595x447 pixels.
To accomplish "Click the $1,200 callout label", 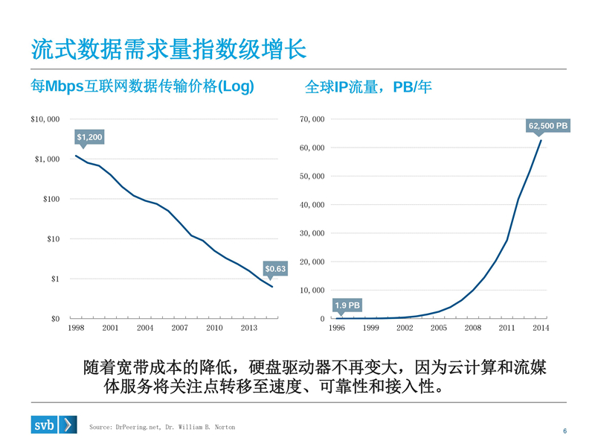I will coord(89,137).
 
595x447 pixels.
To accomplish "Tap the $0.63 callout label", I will coord(275,268).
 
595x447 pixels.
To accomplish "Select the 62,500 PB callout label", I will coord(548,126).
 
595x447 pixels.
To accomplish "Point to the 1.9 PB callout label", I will coord(347,305).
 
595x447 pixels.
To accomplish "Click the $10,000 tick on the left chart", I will coord(45,119).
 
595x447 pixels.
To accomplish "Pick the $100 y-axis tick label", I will coord(51,199).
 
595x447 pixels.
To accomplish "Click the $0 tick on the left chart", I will coord(54,319).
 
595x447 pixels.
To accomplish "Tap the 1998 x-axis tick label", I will coord(76,328).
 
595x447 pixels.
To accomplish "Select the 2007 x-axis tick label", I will coord(179,328).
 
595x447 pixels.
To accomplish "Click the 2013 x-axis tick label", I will coord(248,328).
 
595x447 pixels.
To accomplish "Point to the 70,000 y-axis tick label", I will coord(312,119).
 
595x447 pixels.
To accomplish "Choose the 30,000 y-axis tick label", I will coord(312,233).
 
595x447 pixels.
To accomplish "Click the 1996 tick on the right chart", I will coord(337,328).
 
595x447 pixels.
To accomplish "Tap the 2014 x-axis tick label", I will coord(540,328).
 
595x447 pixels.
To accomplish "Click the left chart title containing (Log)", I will coord(142,86).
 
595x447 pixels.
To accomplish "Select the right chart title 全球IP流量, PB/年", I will coord(368,87).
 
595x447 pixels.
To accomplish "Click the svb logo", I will coord(54,425).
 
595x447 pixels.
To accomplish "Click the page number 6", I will coord(565,431).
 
